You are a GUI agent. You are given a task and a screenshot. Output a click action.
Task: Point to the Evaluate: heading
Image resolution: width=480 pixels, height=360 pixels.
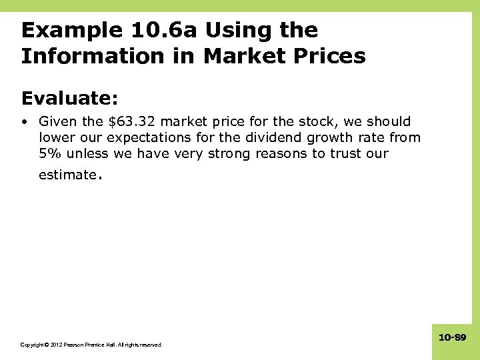69,99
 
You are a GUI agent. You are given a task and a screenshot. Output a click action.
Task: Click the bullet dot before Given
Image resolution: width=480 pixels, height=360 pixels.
25,122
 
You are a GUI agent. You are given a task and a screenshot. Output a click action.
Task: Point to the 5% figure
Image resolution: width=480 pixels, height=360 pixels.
49,153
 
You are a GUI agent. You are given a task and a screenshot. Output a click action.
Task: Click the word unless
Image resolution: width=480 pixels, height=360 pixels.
85,153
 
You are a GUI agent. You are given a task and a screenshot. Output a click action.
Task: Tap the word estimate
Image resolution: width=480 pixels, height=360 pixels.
67,175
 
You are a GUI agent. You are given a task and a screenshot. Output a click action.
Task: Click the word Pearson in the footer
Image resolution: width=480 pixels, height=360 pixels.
75,345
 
